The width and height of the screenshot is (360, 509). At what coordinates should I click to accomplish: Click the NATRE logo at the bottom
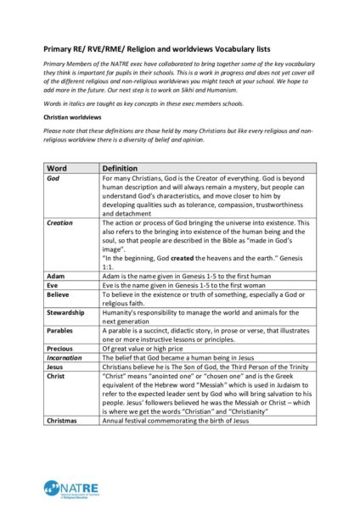67,487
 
